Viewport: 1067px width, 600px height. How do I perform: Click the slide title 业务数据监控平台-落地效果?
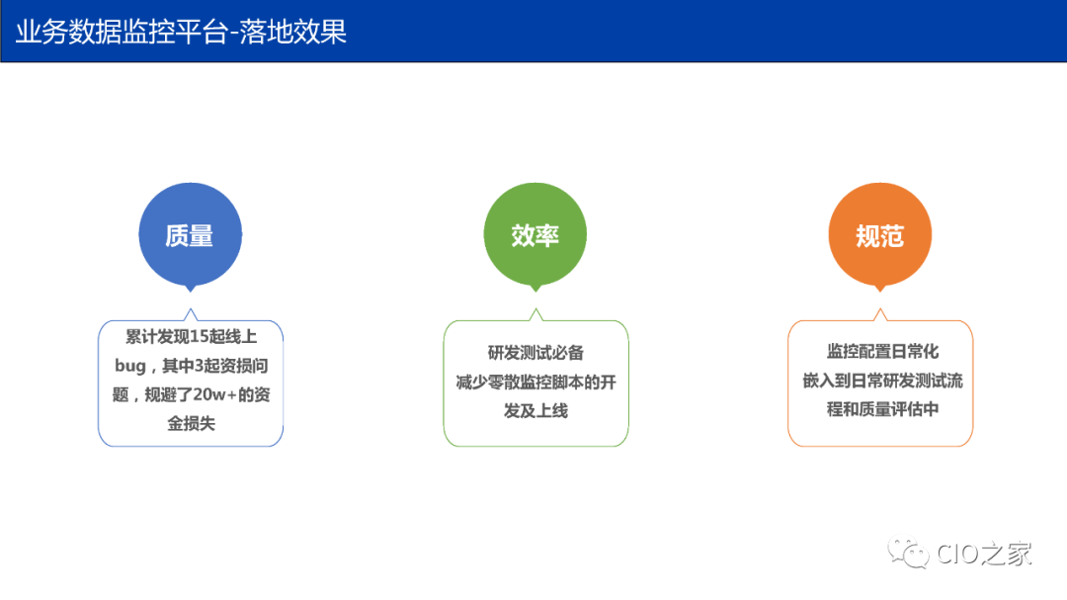click(181, 32)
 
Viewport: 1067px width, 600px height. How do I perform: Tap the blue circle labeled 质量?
click(190, 235)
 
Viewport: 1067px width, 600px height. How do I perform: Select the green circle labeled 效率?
click(534, 235)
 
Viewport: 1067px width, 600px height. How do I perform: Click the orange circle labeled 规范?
click(879, 235)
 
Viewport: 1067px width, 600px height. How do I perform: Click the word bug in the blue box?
click(130, 366)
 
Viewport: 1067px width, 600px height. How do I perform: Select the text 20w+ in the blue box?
click(213, 394)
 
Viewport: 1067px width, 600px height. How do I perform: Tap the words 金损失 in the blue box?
click(191, 423)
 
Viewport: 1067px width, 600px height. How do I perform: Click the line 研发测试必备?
click(535, 353)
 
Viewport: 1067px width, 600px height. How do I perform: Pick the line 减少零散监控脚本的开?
click(535, 382)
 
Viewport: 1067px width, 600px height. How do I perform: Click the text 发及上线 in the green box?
click(535, 410)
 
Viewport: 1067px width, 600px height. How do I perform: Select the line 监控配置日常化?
click(881, 352)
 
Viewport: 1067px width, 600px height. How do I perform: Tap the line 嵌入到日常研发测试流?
click(881, 381)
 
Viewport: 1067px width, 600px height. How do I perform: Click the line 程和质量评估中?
click(881, 409)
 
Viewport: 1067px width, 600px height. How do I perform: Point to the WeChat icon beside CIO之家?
click(908, 553)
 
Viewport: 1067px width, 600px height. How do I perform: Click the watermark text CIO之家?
click(984, 554)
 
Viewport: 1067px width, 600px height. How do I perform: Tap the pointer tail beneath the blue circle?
click(190, 288)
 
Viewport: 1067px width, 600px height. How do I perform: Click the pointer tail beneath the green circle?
click(534, 288)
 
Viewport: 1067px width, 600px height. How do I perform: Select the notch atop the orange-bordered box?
click(879, 315)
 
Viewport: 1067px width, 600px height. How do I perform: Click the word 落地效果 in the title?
click(302, 32)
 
